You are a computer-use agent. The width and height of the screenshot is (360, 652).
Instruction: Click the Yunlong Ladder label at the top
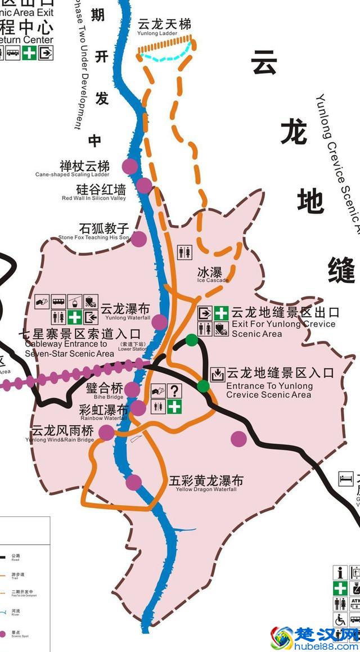(164, 25)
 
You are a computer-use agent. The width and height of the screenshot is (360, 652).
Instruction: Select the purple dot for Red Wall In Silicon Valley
(144, 185)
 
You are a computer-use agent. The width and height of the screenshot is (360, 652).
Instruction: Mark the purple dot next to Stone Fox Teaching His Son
(138, 239)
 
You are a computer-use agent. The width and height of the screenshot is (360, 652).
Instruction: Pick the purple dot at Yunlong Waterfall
(160, 322)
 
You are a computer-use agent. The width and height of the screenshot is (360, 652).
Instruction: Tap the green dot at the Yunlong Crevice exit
(192, 340)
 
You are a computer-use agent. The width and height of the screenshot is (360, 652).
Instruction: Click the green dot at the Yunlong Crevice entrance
(203, 386)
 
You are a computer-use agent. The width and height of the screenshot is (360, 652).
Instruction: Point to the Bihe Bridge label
(104, 389)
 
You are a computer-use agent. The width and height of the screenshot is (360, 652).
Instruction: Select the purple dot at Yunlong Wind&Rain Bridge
(106, 432)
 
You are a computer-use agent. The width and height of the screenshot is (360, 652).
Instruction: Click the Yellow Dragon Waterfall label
(206, 482)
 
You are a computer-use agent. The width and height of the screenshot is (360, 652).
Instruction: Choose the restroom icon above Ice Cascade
(186, 252)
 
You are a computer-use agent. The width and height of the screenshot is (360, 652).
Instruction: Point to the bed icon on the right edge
(344, 479)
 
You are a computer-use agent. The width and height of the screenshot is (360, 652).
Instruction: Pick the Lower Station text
(133, 346)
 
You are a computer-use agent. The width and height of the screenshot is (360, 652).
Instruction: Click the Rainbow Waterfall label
(104, 410)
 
